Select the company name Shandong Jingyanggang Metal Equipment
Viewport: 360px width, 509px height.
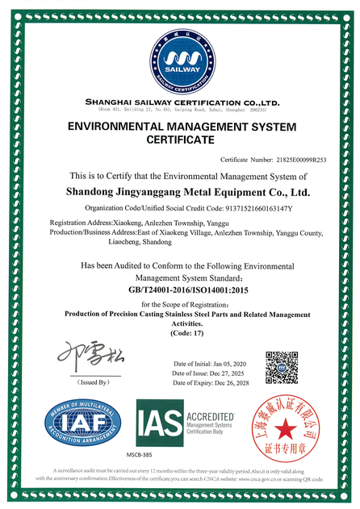[x=186, y=193]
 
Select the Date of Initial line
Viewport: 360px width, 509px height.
[x=215, y=364]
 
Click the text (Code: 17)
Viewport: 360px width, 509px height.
[x=182, y=333]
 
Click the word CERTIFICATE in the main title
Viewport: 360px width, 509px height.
[x=180, y=140]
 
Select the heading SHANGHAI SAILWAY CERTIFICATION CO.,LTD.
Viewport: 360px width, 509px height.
[x=181, y=102]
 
